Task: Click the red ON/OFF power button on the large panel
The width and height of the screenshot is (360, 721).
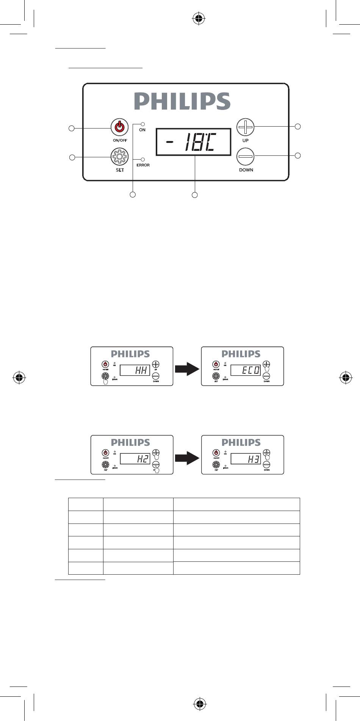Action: (119, 127)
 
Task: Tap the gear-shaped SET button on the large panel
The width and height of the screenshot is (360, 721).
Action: (119, 157)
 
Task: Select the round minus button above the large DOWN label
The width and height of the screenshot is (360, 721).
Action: (246, 156)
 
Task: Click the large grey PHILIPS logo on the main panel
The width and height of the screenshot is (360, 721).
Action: (182, 101)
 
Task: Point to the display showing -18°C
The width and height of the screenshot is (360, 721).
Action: (193, 142)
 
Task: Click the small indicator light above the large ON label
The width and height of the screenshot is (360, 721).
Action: (142, 124)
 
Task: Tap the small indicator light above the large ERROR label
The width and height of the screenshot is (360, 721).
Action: (142, 159)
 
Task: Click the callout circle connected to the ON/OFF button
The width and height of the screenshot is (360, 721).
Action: (71, 128)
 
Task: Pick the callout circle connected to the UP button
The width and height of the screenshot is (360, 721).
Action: (298, 126)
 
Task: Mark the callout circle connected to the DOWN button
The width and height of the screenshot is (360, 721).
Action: (298, 155)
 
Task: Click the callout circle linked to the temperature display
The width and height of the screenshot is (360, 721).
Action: (194, 195)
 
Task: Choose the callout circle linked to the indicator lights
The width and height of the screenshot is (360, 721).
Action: (133, 194)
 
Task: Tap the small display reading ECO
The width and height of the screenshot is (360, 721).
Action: (246, 370)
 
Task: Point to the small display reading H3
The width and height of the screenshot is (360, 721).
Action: (246, 459)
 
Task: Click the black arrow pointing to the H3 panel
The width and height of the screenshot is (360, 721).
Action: (187, 458)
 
